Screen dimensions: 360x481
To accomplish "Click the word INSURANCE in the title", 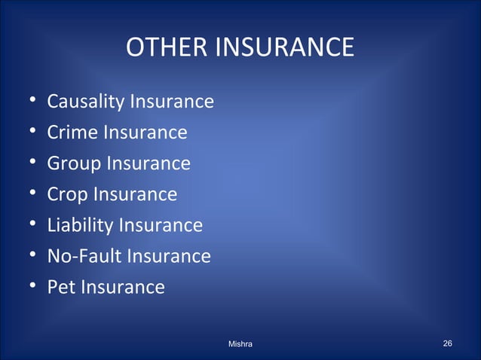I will pos(284,48).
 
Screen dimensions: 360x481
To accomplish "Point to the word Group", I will pos(74,163).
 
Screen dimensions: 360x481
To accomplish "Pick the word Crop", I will pos(67,194).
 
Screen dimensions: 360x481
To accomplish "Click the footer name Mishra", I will pos(240,344).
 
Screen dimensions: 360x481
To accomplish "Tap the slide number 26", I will pos(448,343).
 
